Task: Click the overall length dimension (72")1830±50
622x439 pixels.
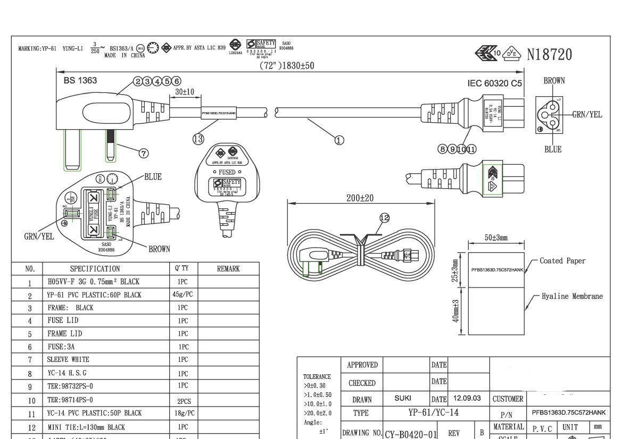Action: tap(287, 66)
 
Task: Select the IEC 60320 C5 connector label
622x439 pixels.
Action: tap(494, 83)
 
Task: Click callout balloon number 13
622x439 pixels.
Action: tap(198, 139)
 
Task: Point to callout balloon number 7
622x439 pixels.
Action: tap(143, 153)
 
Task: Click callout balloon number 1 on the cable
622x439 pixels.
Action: tap(339, 140)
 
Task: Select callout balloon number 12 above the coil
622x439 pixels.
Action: tap(384, 218)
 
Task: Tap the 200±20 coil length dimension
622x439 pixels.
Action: tap(360, 198)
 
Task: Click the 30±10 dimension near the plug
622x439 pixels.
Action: tap(185, 92)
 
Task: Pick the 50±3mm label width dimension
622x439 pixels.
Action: tap(496, 237)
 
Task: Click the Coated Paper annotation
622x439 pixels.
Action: tap(562, 261)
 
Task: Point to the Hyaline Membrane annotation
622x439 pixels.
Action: tap(572, 296)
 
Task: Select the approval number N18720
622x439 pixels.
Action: tap(550, 54)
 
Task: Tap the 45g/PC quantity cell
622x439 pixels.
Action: tap(183, 294)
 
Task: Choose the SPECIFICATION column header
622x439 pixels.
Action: tap(95, 269)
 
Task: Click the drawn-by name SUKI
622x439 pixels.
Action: tap(403, 398)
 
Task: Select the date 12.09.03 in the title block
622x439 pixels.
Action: tap(467, 398)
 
